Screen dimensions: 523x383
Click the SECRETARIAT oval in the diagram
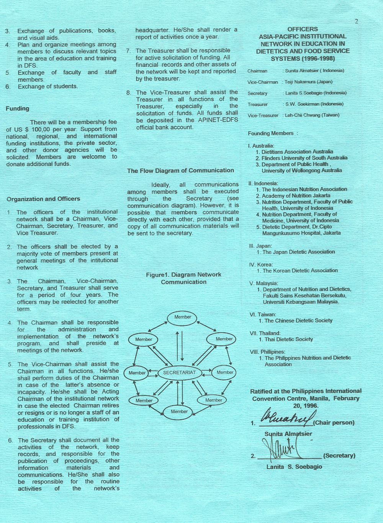coord(179,373)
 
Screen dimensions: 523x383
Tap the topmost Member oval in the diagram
coord(183,317)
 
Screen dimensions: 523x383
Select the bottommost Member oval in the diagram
coord(179,412)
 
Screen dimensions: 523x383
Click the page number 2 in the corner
coord(356,21)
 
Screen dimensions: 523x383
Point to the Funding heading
coord(17,109)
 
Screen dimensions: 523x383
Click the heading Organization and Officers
coord(43,199)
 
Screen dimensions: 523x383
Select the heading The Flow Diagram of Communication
coord(180,171)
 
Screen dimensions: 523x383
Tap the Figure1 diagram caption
coord(183,278)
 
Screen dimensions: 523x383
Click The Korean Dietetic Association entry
coord(300,271)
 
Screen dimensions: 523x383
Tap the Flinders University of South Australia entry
coord(304,158)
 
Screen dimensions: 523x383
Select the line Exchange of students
coord(47,87)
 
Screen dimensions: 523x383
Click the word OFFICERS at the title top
coord(302,29)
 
